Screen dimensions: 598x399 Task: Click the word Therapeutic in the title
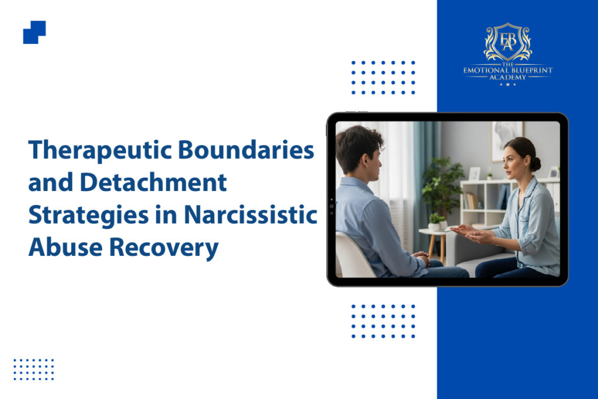(100, 150)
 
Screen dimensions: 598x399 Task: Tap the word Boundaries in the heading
(246, 150)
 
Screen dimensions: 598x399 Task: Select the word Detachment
(154, 182)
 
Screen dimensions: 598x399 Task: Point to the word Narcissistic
(251, 215)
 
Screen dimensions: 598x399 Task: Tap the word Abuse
(65, 247)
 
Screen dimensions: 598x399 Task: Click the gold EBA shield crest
(507, 42)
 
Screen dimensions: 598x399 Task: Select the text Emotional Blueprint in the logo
(507, 70)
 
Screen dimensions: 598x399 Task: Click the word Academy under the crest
(507, 77)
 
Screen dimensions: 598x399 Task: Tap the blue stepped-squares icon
(34, 33)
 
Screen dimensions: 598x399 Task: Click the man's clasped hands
(422, 258)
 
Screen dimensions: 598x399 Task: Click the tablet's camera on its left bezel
(332, 206)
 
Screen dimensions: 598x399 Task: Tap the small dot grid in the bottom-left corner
(33, 369)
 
